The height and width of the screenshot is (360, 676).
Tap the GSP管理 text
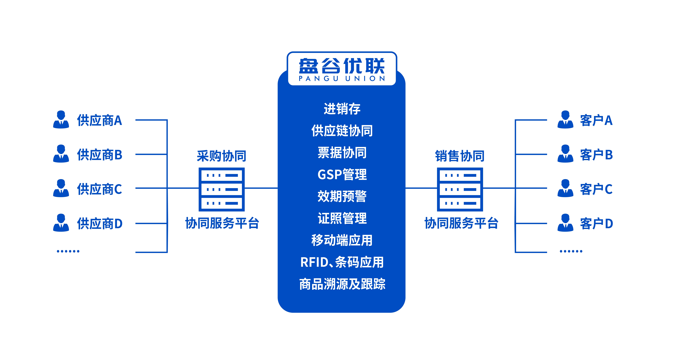click(342, 175)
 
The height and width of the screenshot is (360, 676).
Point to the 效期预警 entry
click(342, 196)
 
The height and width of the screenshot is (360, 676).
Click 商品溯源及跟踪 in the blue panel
click(342, 284)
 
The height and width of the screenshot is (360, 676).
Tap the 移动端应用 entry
click(342, 240)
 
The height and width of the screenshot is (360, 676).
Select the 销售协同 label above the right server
click(460, 156)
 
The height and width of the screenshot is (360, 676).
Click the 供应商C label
click(99, 189)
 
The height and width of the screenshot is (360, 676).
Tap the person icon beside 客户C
click(565, 188)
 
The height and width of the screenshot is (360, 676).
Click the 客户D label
click(596, 224)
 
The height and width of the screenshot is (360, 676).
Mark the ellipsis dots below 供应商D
click(68, 251)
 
